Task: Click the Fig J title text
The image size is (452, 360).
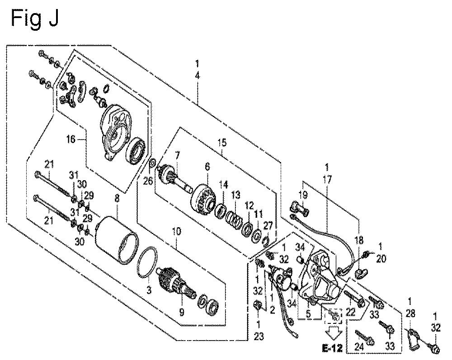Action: pyautogui.click(x=35, y=18)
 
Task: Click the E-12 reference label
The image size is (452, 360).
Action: pyautogui.click(x=332, y=349)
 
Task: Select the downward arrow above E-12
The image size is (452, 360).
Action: pyautogui.click(x=333, y=335)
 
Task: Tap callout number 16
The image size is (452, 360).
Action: pyautogui.click(x=71, y=139)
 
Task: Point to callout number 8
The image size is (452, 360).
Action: pyautogui.click(x=117, y=198)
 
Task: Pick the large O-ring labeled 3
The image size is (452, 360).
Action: pyautogui.click(x=148, y=262)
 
